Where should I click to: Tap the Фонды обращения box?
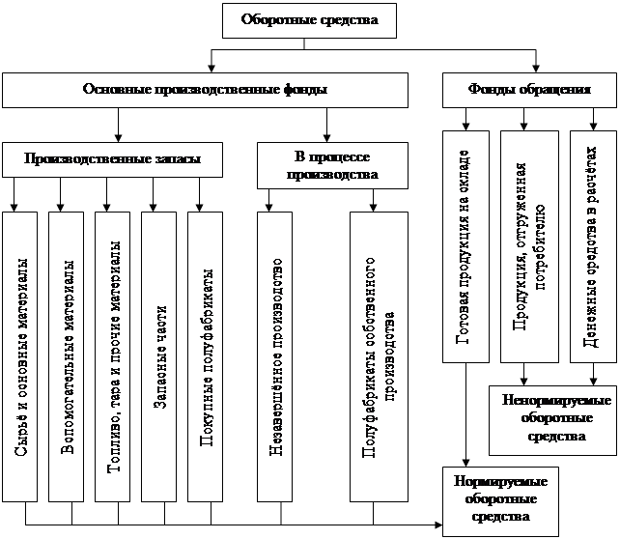click(528, 90)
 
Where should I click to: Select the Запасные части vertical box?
click(158, 355)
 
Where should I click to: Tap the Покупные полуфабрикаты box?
click(205, 355)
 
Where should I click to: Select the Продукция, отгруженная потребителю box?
click(528, 246)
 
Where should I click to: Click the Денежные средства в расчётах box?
click(591, 246)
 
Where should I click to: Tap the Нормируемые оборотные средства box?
click(495, 498)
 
